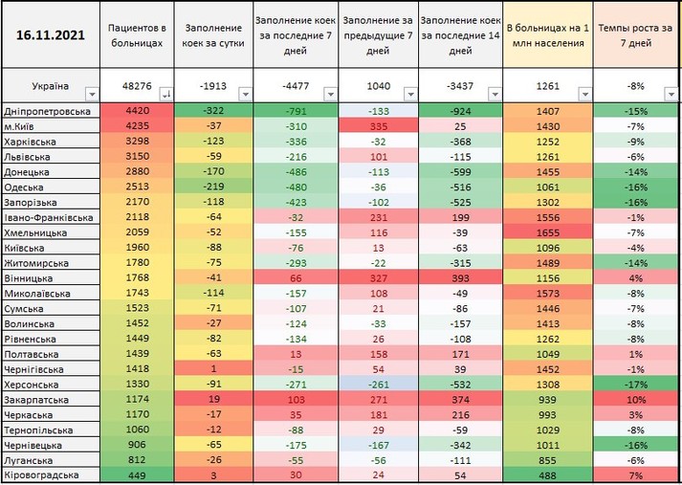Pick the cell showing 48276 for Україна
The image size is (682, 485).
click(x=133, y=86)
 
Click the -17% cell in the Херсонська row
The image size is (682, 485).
click(x=634, y=385)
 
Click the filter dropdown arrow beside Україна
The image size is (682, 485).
click(x=92, y=94)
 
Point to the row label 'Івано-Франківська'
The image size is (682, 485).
click(x=49, y=217)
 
